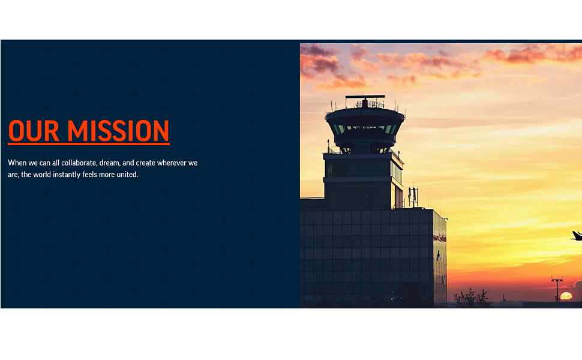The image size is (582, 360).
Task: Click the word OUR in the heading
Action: point(34,131)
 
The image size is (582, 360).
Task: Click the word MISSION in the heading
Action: point(118,131)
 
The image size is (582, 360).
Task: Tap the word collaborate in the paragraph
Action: point(79,163)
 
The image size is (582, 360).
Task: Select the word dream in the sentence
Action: point(109,163)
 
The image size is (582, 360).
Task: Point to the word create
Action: point(145,163)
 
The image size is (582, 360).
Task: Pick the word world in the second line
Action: point(42,175)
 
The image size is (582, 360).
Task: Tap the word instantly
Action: point(67,175)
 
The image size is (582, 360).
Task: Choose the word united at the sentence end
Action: point(127,175)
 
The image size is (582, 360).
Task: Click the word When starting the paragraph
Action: point(17,163)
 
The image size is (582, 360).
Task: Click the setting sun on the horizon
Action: point(566,296)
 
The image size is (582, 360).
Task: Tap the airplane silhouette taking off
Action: point(577,236)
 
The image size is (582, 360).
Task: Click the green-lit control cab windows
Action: point(365,129)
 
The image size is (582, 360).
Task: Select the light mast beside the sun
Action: point(557,289)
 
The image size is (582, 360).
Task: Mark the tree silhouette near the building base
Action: point(472,298)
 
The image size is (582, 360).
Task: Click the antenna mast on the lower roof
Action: point(413,197)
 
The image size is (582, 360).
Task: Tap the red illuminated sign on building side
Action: point(439,238)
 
